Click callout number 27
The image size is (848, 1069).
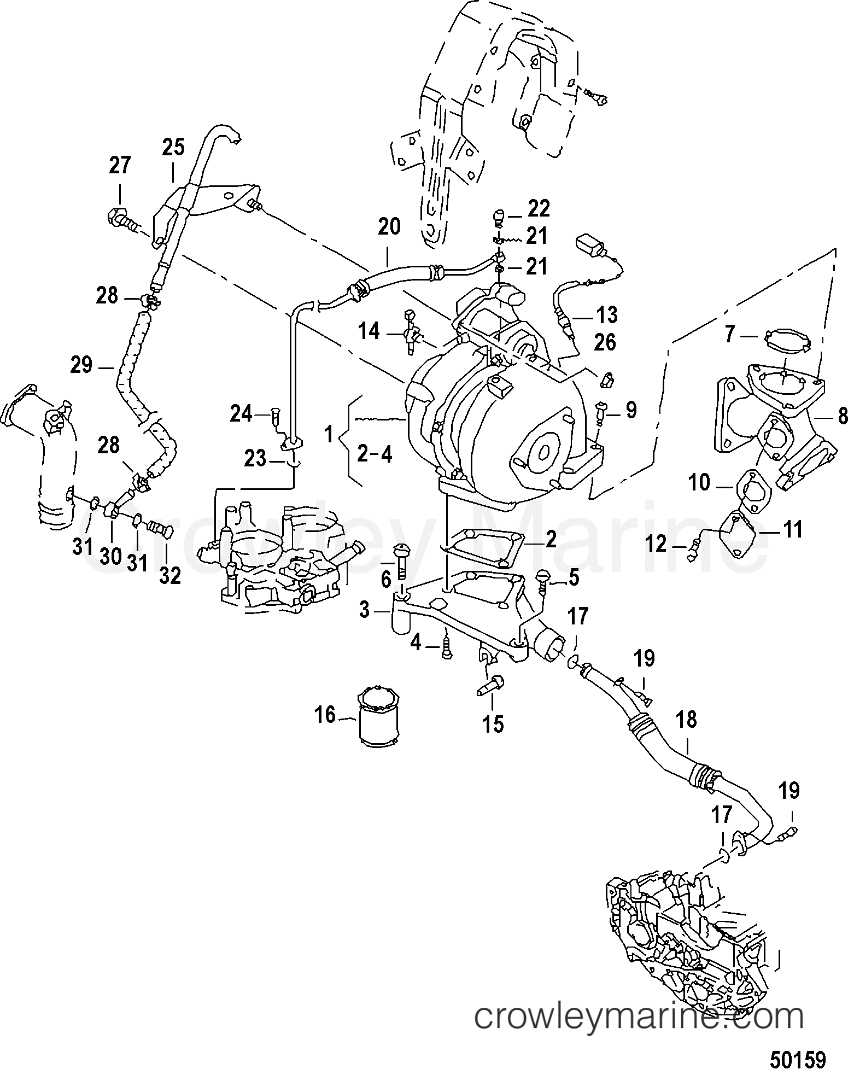[x=120, y=165]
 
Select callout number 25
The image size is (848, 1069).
[x=173, y=148]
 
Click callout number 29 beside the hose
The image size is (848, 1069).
[x=81, y=365]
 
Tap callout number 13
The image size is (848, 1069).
[x=607, y=315]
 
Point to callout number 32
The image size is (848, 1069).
[x=169, y=575]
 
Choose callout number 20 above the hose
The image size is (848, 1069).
[x=389, y=226]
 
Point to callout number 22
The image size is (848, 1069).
[x=539, y=209]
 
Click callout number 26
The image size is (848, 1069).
[x=604, y=342]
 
